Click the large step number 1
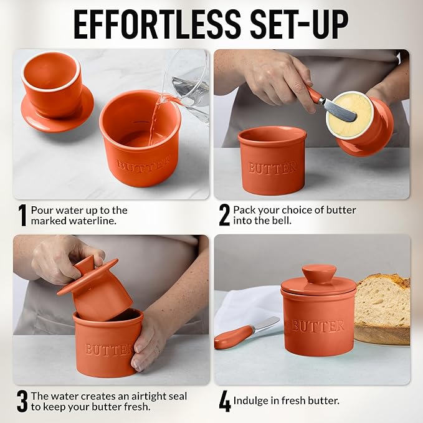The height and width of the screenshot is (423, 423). click(x=22, y=216)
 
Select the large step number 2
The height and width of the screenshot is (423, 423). click(x=224, y=216)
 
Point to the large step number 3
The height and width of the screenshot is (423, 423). click(x=22, y=402)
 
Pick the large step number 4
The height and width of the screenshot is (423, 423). click(x=224, y=402)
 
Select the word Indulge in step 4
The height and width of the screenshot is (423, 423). click(x=252, y=401)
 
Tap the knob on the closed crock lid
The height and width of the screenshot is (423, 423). click(x=318, y=273)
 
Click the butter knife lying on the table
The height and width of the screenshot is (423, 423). click(x=247, y=333)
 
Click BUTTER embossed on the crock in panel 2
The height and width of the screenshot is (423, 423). click(x=272, y=168)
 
